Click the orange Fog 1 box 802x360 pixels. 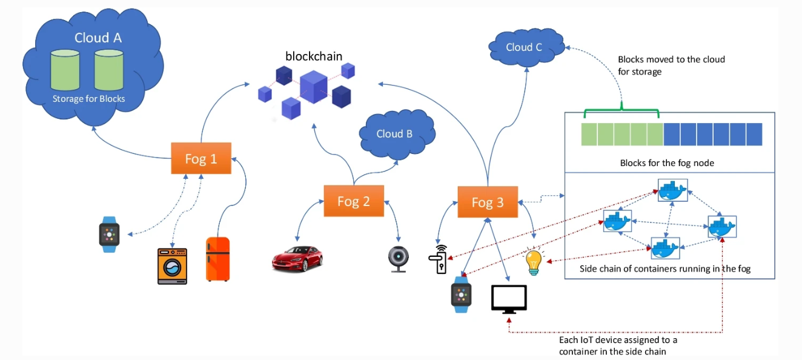(201, 159)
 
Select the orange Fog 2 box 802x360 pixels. (354, 201)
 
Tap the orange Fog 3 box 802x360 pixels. (488, 202)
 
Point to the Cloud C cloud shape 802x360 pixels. (524, 47)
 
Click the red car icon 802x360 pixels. (297, 258)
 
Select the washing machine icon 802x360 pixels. (172, 266)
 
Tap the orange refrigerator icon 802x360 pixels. (217, 259)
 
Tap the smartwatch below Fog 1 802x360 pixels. (109, 234)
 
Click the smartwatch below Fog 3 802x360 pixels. (460, 295)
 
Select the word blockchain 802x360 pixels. (314, 56)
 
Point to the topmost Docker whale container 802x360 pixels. (672, 191)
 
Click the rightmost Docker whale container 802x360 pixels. (721, 227)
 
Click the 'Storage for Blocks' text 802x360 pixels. (88, 99)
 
